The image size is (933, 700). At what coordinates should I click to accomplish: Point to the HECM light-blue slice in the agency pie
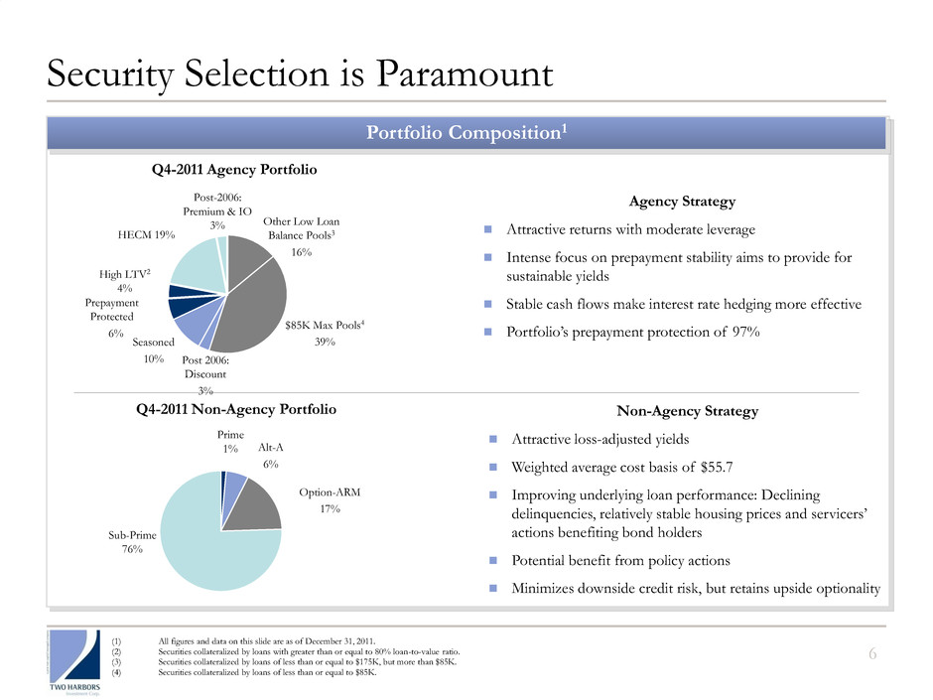(x=194, y=265)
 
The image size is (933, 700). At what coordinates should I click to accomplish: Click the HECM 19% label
(x=146, y=234)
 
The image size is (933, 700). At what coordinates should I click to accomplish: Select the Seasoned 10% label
(x=154, y=350)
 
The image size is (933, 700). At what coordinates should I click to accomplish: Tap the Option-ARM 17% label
(x=330, y=500)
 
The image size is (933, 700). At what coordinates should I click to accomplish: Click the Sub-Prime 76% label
(x=132, y=542)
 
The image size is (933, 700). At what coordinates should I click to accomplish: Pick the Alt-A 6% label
(x=271, y=456)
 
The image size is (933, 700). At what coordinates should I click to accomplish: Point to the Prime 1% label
(x=230, y=442)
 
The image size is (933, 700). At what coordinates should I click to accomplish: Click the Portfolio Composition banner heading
(x=466, y=132)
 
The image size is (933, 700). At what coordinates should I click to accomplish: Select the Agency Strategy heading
(x=683, y=202)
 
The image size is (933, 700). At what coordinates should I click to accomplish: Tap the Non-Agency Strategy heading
(x=687, y=411)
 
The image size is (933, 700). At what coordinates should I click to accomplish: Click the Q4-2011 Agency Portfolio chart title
(x=234, y=170)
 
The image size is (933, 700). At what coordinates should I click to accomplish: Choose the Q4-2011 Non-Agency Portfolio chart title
(x=236, y=409)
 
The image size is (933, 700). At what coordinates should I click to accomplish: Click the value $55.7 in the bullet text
(x=717, y=468)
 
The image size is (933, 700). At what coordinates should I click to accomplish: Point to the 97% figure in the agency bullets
(x=746, y=332)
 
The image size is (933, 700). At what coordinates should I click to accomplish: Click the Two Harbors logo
(x=75, y=662)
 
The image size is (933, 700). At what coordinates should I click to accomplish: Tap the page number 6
(x=872, y=654)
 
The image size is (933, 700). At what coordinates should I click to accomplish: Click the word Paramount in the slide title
(x=465, y=73)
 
